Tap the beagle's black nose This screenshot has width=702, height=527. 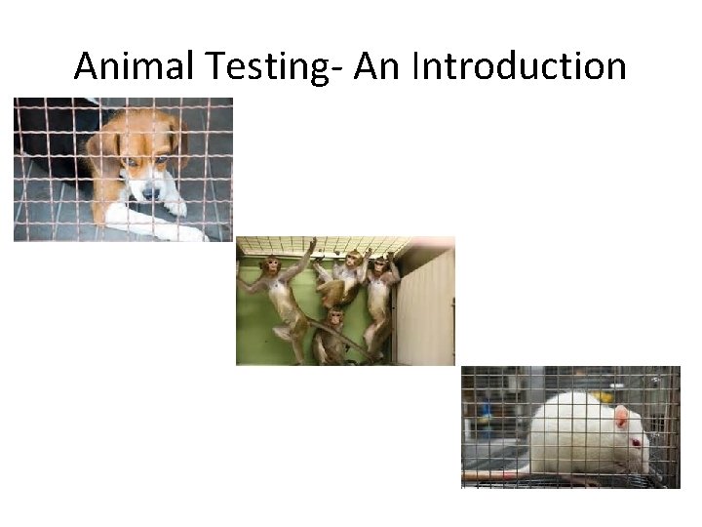click(x=150, y=193)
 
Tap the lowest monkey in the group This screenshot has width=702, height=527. click(x=334, y=332)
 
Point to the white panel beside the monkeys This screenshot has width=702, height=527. click(x=427, y=307)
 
